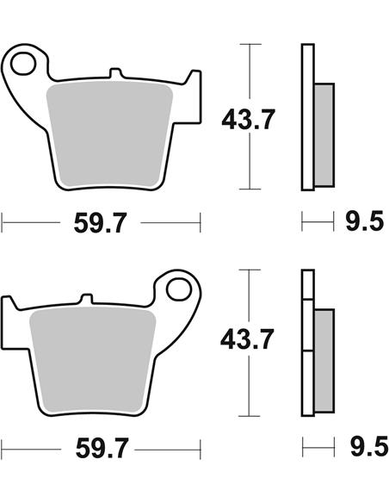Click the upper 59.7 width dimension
[x=102, y=225]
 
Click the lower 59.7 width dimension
[x=102, y=448]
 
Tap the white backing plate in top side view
[x=306, y=116]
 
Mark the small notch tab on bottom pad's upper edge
[x=83, y=299]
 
